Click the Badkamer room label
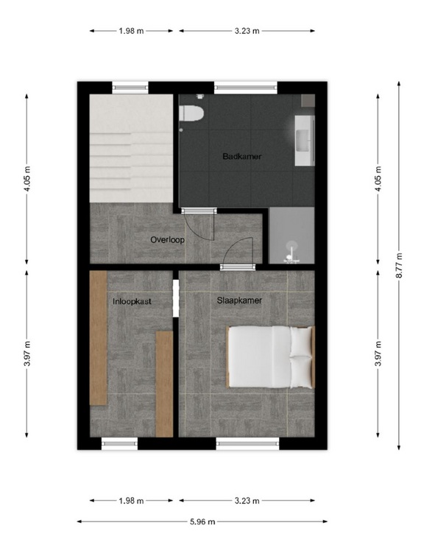click(242, 156)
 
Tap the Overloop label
click(167, 240)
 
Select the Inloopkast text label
click(132, 301)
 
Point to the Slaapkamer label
click(239, 300)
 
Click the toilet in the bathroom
click(191, 113)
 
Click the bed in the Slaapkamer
click(271, 357)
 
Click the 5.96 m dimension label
click(202, 521)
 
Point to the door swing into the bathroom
click(199, 225)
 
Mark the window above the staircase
click(130, 88)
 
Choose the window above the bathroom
click(246, 88)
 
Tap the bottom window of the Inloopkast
click(120, 443)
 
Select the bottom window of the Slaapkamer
click(248, 443)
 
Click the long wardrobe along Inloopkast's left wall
click(99, 338)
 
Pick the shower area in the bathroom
click(291, 235)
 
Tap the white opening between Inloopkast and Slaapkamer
click(176, 298)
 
